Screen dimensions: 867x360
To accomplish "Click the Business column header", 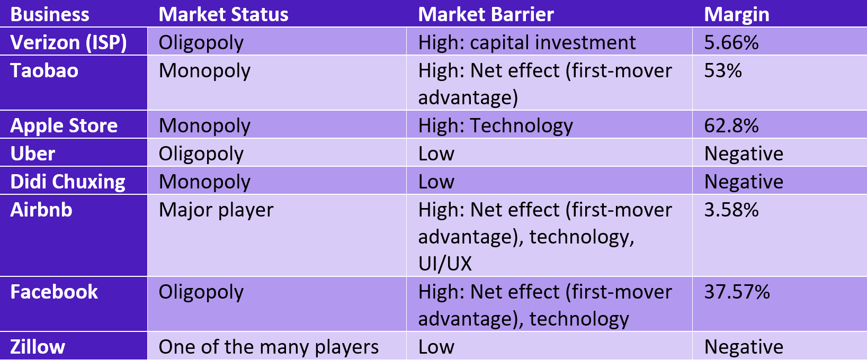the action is pos(50,14).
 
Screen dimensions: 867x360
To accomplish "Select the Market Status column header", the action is pos(224,14).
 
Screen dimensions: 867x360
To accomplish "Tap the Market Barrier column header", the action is pos(486,14).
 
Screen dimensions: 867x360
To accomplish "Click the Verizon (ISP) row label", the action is pos(68,42).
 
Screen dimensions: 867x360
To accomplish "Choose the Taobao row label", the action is pos(44,70).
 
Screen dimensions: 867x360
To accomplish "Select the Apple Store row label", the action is pos(64,126).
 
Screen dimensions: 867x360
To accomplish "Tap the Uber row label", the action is pos(32,154).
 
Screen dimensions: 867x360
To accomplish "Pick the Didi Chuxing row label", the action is pos(68,182).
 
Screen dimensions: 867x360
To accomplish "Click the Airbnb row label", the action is pos(41,210).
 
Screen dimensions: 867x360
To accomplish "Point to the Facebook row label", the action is pos(54,292).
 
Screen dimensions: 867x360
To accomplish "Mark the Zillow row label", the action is pos(38,347).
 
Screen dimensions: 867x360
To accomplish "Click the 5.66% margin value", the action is pos(731,42).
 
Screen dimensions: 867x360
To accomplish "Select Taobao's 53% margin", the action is pos(723,70).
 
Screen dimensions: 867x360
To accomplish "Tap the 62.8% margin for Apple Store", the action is pos(731,126).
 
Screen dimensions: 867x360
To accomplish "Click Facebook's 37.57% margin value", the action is pos(737,292).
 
